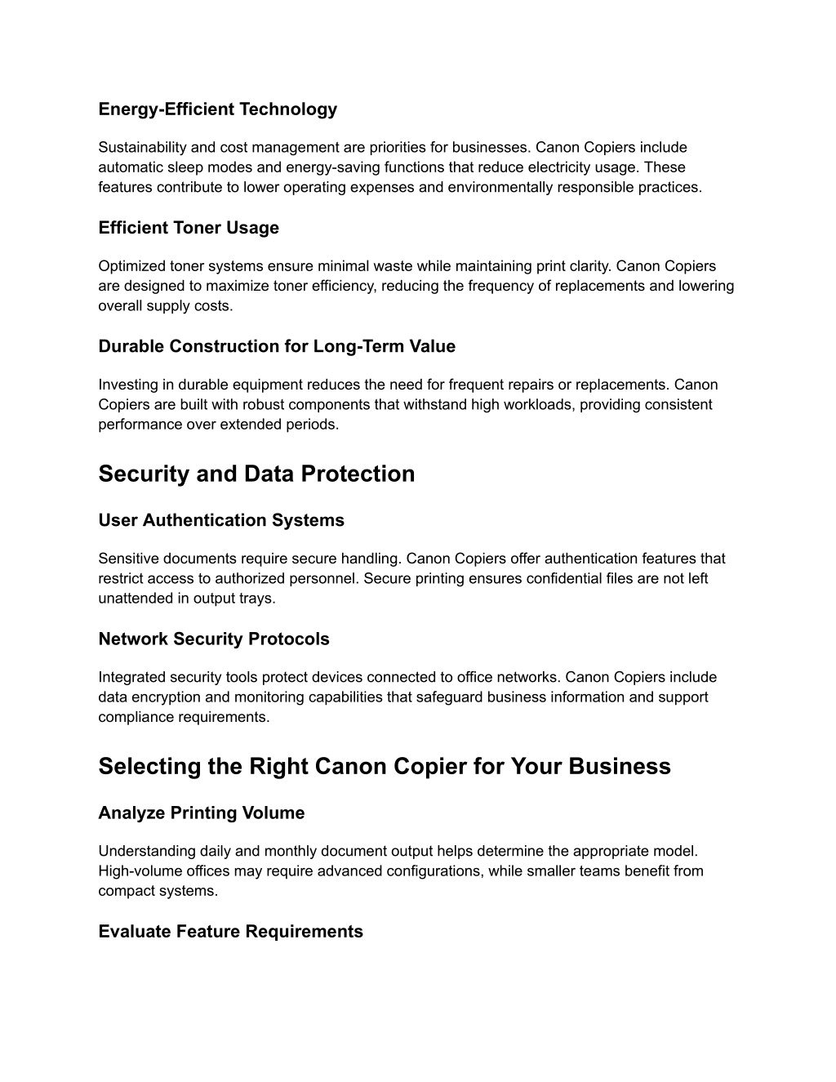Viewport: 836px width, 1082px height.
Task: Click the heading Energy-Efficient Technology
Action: pyautogui.click(x=217, y=109)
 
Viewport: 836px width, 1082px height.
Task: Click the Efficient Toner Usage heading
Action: pyautogui.click(x=189, y=228)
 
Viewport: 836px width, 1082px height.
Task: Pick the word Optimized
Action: pyautogui.click(x=131, y=266)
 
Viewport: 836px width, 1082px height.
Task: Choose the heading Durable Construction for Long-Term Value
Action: pyautogui.click(x=277, y=346)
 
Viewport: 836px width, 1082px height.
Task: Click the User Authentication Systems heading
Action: pyautogui.click(x=221, y=520)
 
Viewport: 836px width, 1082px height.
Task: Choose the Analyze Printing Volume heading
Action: pyautogui.click(x=202, y=813)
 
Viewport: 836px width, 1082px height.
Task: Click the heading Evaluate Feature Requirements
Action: pyautogui.click(x=230, y=932)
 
